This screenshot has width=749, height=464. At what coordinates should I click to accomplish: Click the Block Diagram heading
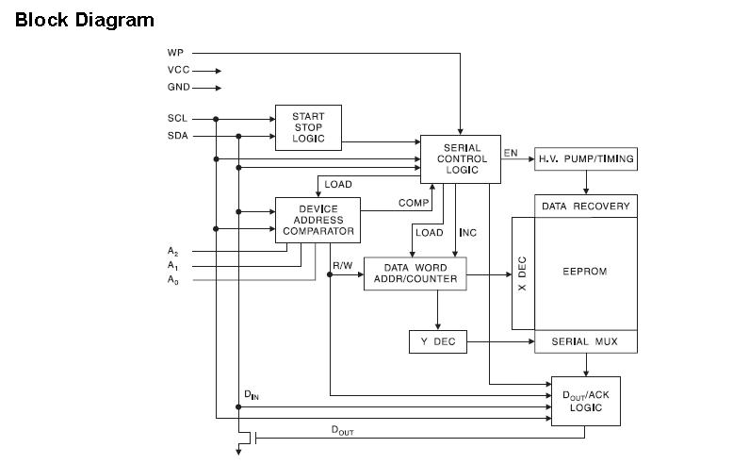click(x=85, y=20)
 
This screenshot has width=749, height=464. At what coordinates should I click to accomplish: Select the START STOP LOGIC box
click(x=308, y=128)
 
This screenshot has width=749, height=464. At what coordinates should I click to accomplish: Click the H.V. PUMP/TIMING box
click(x=585, y=158)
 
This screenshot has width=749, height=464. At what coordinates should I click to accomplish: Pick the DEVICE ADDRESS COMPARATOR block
click(x=318, y=220)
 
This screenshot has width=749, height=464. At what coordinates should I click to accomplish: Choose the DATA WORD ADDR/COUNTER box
click(x=415, y=273)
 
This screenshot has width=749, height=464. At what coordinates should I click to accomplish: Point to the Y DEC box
click(x=437, y=341)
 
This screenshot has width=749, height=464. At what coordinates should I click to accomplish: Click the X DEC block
click(x=523, y=273)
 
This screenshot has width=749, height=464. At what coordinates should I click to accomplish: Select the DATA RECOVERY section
click(x=585, y=206)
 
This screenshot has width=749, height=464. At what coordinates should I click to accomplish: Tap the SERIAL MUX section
click(x=585, y=341)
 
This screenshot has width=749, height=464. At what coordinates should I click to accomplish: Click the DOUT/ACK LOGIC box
click(x=585, y=401)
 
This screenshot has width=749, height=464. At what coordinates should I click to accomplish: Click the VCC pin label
click(x=178, y=70)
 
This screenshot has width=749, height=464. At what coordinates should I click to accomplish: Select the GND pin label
click(x=178, y=88)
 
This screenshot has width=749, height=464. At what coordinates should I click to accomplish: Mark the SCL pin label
click(x=177, y=119)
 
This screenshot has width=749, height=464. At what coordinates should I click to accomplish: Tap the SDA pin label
click(x=177, y=136)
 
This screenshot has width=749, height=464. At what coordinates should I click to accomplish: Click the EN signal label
click(x=511, y=152)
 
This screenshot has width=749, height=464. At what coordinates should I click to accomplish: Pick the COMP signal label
click(x=413, y=203)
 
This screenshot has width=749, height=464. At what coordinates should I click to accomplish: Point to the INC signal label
click(x=467, y=233)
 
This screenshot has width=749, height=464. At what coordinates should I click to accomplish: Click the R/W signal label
click(x=342, y=266)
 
